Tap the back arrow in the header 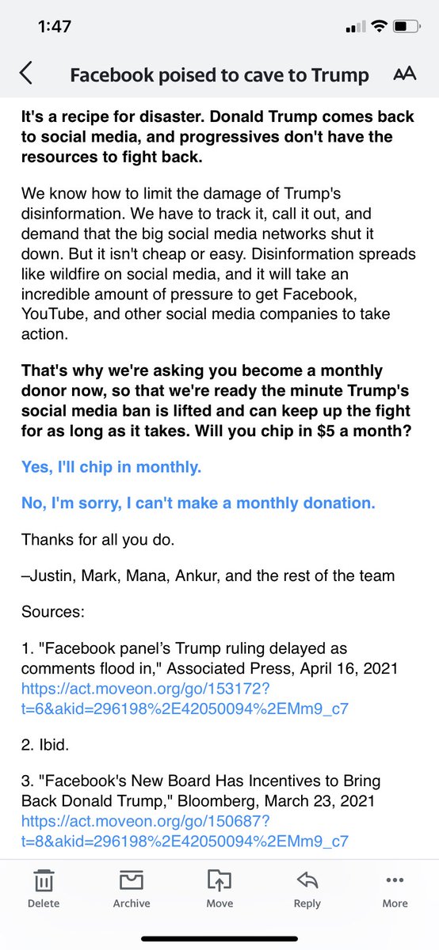(26, 74)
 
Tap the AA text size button (404, 74)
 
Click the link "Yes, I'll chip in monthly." (112, 467)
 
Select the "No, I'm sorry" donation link (198, 503)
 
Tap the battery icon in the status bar (407, 26)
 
